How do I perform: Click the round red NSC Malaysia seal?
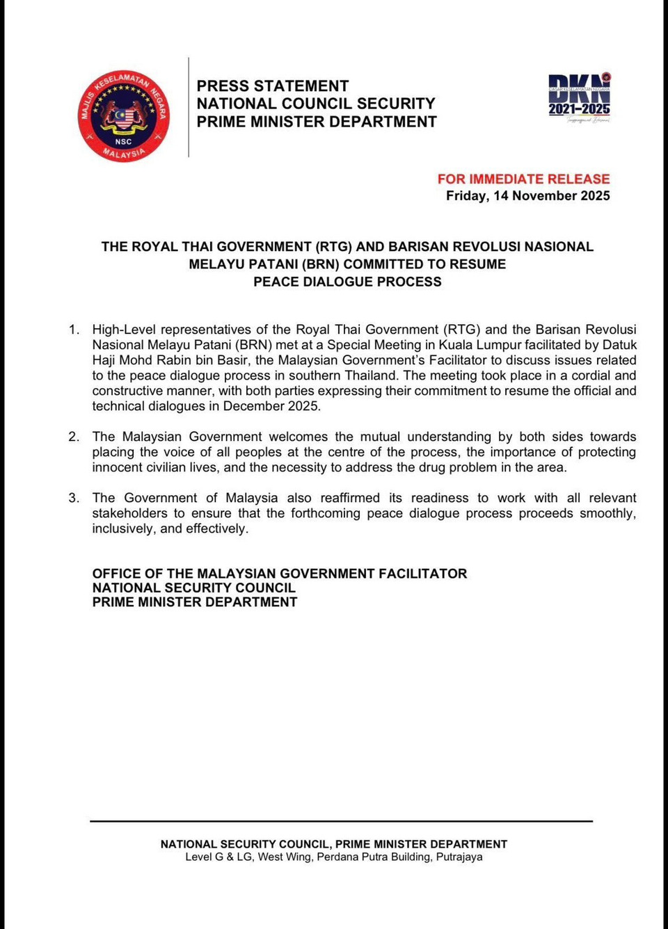point(124,115)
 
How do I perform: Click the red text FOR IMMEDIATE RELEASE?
point(523,179)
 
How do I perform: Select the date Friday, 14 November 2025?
point(527,195)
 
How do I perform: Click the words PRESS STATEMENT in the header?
point(272,86)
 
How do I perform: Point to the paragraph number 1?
point(74,330)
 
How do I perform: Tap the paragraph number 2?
point(74,437)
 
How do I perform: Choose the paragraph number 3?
point(74,498)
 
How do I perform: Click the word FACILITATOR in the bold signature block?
point(422,574)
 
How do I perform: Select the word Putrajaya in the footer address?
point(459,857)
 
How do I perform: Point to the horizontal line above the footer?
point(341,821)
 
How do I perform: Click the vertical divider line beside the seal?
point(189,108)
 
